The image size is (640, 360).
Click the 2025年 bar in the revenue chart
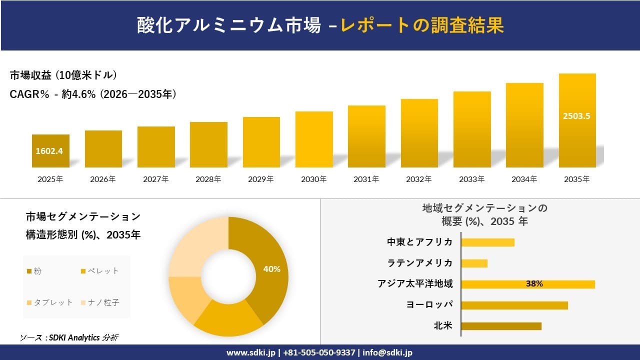[50, 151]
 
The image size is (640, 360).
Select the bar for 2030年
[314, 139]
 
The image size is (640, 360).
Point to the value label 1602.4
[49, 151]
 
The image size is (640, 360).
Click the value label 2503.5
[577, 116]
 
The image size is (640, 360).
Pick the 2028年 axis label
[208, 179]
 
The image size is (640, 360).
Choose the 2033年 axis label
[472, 179]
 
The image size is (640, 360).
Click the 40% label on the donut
[271, 269]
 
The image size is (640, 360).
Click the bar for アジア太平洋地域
[527, 284]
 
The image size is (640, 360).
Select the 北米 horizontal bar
[501, 326]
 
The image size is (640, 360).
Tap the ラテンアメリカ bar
[474, 263]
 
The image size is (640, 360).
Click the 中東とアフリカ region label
[419, 242]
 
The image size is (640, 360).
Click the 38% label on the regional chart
[534, 284]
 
